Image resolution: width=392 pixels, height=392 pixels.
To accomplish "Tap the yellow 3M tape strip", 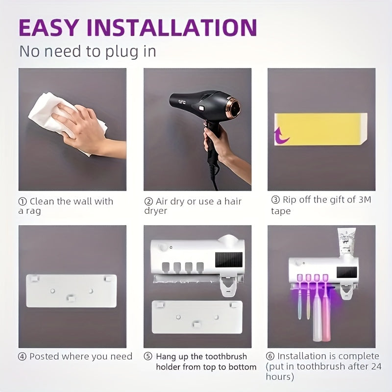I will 321,128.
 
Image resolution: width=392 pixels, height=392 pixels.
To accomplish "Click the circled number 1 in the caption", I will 23,201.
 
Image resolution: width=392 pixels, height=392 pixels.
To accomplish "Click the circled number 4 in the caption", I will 23,357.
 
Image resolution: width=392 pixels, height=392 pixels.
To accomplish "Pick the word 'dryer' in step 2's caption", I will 155,211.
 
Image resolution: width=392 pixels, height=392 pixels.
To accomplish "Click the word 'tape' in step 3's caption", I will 281,211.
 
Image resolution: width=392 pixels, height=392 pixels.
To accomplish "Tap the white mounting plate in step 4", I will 72,291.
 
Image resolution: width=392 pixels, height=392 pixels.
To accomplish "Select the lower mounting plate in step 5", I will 197,317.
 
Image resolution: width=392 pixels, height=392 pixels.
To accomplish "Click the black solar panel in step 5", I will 229,260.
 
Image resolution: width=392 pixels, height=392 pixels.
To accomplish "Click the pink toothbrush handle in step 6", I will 326,318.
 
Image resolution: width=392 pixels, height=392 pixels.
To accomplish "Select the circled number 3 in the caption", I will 275,200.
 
